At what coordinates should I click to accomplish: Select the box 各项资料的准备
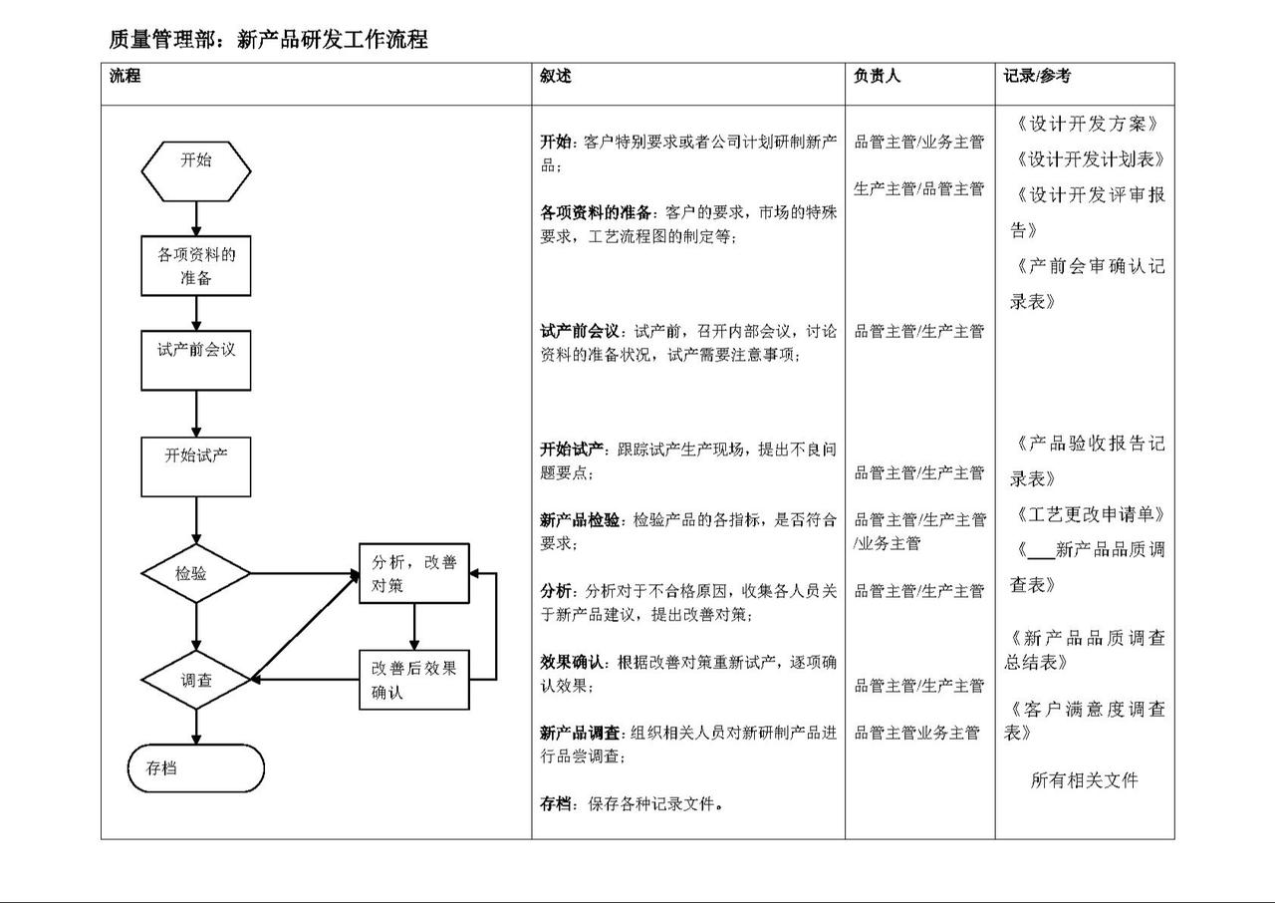pos(196,266)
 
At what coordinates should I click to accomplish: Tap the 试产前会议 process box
pos(196,361)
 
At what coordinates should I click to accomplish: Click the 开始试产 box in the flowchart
pos(196,466)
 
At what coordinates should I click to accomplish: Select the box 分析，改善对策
pos(414,573)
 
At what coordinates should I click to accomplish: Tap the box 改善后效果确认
pos(414,680)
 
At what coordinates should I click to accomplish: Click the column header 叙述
pos(556,76)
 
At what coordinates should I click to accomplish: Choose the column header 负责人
pos(877,76)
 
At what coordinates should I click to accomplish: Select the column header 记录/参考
pos(1037,76)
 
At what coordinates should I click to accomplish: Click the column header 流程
pos(125,76)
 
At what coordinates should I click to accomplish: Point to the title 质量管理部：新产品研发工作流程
pos(268,39)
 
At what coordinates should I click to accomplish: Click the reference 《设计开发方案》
pos(1087,124)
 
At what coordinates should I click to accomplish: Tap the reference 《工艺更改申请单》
pos(1090,514)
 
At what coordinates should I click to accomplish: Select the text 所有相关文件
pos(1085,780)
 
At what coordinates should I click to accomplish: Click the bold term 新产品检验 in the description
pos(580,520)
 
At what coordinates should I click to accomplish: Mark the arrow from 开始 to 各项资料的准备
pos(196,218)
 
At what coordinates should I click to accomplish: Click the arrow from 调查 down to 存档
pos(196,727)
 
